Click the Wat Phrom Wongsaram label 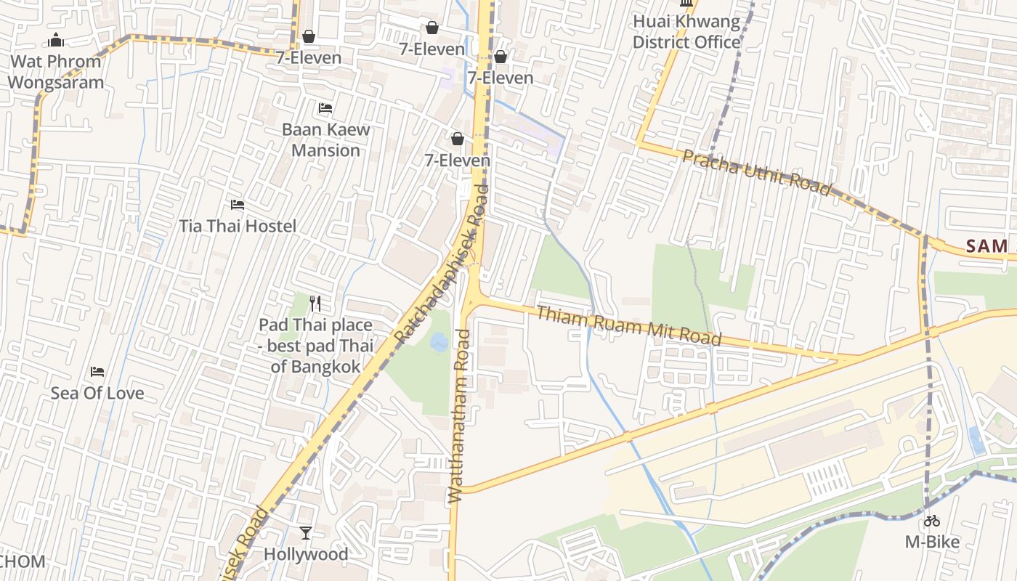tap(55, 72)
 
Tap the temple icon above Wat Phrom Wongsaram tap(56, 40)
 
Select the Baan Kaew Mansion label tap(325, 140)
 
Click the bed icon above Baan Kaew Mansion tap(325, 108)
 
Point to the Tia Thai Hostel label tap(238, 226)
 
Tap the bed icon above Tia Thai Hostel tap(237, 205)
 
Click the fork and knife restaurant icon tap(315, 303)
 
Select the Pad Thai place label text tap(315, 346)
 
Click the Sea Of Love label tap(97, 394)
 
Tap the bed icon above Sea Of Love tap(97, 372)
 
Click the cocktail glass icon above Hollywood tap(306, 533)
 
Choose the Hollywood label tap(306, 554)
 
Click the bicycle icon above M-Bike tap(932, 521)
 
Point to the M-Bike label tap(932, 542)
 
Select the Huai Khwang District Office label tap(686, 32)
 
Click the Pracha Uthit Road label tap(757, 173)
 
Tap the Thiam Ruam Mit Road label tap(629, 325)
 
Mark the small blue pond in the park tap(439, 341)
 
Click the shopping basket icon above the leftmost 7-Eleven tap(309, 36)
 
